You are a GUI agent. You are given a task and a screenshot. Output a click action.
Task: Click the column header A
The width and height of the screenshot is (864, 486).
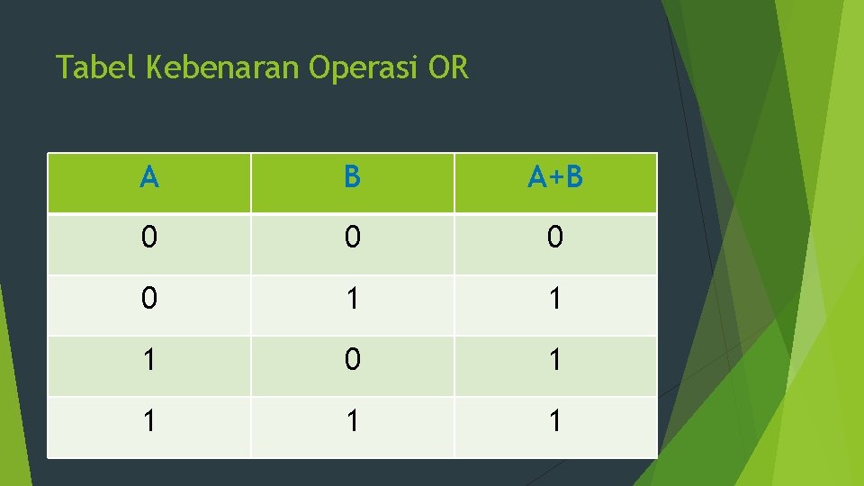pyautogui.click(x=149, y=178)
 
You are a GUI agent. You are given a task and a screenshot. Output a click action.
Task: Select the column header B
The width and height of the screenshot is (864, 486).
pyautogui.click(x=352, y=178)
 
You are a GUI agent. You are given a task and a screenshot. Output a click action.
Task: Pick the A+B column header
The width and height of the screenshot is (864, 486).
pyautogui.click(x=555, y=178)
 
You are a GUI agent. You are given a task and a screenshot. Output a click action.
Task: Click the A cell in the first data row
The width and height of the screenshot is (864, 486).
pyautogui.click(x=149, y=238)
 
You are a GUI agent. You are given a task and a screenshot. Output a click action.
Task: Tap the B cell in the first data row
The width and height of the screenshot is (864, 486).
pyautogui.click(x=352, y=238)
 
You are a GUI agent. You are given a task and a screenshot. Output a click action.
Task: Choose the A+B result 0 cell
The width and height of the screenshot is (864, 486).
pyautogui.click(x=555, y=238)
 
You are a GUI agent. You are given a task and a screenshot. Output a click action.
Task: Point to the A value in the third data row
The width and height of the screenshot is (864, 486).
pyautogui.click(x=149, y=360)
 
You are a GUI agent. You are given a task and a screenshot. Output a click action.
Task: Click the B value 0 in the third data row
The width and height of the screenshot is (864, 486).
pyautogui.click(x=352, y=360)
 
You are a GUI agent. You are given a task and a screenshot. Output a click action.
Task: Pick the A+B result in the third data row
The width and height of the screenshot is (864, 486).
pyautogui.click(x=555, y=360)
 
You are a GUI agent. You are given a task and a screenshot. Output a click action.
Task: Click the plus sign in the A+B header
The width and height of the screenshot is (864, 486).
pyautogui.click(x=555, y=179)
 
